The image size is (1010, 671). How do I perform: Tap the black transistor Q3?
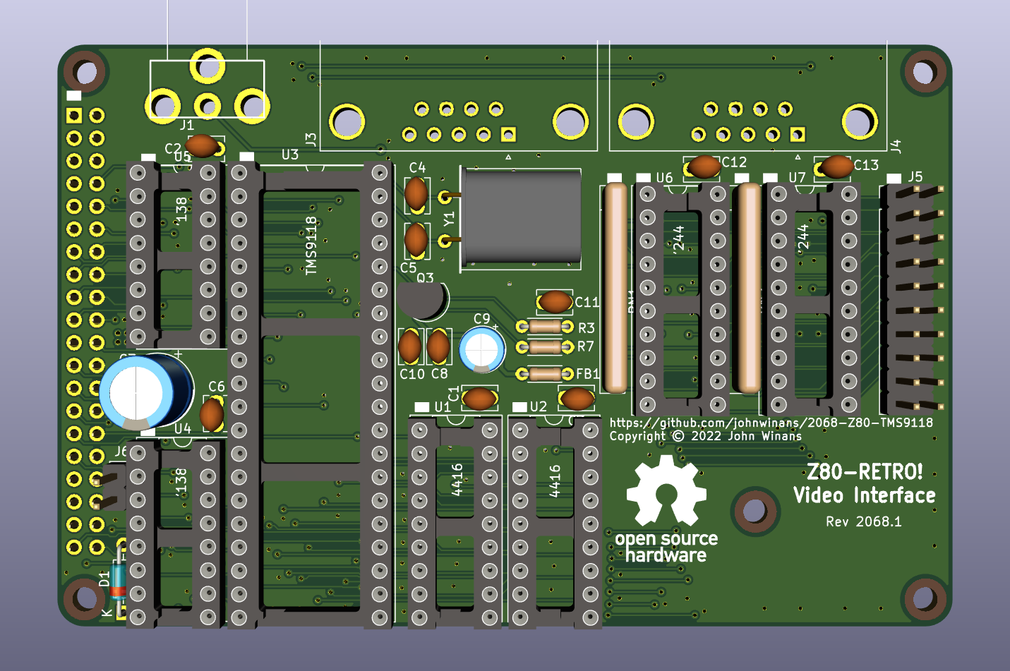click(421, 300)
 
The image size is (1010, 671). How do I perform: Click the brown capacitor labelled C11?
click(555, 302)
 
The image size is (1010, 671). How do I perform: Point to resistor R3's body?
click(544, 327)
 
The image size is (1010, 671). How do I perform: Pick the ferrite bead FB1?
click(544, 374)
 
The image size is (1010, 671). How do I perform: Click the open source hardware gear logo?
click(666, 491)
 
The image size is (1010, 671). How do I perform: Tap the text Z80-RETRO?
click(865, 472)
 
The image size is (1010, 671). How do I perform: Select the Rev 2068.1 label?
click(863, 522)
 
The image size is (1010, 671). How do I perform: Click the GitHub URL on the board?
click(771, 423)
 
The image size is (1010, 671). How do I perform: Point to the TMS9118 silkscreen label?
click(311, 246)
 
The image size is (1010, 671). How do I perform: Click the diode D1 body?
click(118, 580)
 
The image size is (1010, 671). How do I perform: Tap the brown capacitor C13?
click(837, 167)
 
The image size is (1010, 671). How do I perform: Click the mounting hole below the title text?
click(755, 511)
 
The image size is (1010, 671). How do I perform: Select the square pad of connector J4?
click(798, 134)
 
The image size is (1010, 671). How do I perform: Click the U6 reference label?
click(664, 178)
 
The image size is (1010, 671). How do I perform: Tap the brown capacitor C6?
click(212, 415)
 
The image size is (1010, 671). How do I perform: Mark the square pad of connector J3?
click(508, 134)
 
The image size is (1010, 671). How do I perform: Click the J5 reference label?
click(915, 176)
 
